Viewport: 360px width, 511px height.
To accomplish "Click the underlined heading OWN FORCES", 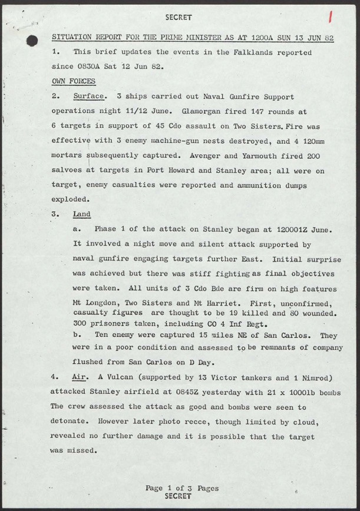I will tap(74, 81).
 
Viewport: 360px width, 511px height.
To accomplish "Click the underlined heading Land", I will tap(82, 214).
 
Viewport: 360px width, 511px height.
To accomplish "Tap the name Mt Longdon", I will tap(96, 304).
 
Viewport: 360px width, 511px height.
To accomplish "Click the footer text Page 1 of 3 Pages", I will tap(181, 488).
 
